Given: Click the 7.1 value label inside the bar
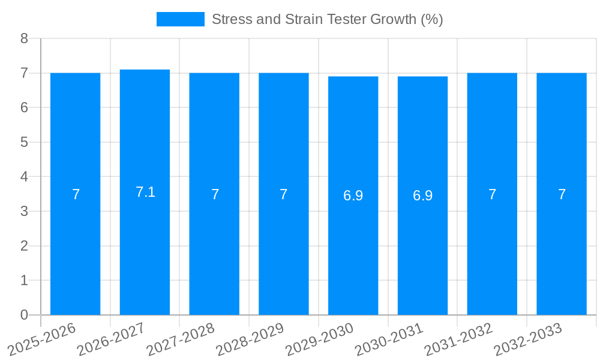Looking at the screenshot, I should [145, 192].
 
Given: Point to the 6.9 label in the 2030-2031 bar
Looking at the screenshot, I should [422, 196].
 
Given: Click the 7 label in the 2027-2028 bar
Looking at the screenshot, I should [215, 194].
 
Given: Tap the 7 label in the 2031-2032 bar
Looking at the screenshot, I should [492, 194].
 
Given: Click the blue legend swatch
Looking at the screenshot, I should [180, 19].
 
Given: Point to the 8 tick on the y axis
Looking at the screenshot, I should [24, 38].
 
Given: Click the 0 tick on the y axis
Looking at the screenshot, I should [24, 315].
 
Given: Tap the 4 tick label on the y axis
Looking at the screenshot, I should [24, 177].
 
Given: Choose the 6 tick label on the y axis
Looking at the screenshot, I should [24, 107].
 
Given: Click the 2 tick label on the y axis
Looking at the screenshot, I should [24, 246].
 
